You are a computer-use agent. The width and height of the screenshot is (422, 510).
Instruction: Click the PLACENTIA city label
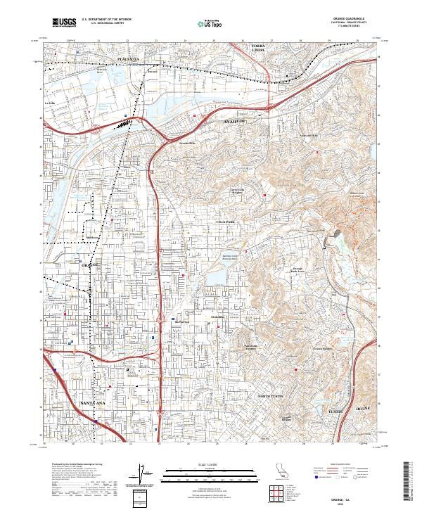point(129,58)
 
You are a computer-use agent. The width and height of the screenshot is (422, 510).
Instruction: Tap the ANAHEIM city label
point(236,121)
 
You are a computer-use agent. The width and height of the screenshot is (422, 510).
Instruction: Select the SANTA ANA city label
point(94,402)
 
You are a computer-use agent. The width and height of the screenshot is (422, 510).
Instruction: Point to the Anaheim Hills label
point(309,135)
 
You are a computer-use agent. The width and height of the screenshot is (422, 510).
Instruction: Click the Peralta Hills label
point(187,144)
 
